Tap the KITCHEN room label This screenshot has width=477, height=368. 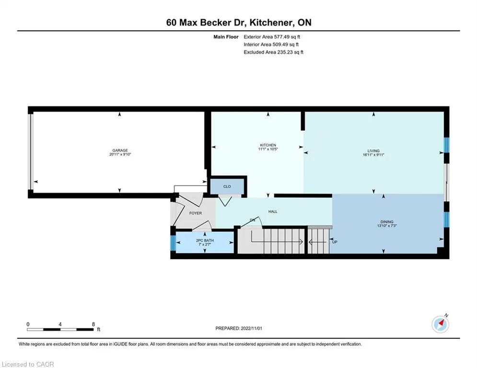[268, 145]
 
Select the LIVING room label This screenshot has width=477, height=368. [373, 150]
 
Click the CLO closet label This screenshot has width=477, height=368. [227, 186]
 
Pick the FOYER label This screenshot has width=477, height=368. [195, 213]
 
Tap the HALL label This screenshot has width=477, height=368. [272, 211]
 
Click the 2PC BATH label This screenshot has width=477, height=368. [205, 240]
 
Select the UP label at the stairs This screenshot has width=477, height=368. [335, 242]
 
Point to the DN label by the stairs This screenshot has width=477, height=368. [252, 220]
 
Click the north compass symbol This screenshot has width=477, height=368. [441, 324]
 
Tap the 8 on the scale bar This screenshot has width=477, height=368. [93, 324]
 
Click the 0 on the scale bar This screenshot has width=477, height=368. [28, 324]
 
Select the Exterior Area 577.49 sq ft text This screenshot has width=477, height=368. [272, 36]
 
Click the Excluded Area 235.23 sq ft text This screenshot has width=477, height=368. [273, 52]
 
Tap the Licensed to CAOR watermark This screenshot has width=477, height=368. [28, 364]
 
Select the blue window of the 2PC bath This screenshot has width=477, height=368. [173, 243]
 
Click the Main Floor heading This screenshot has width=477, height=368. [226, 36]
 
